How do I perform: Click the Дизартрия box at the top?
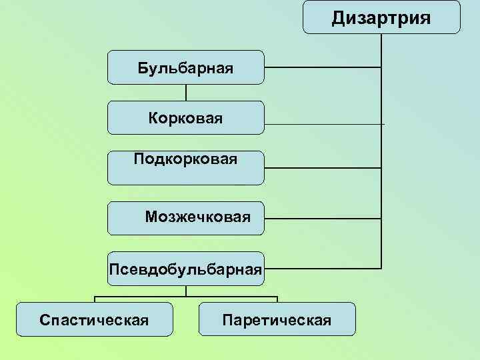[x=381, y=17]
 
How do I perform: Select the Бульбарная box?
[x=185, y=67]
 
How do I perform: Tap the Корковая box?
[x=185, y=118]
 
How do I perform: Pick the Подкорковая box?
[x=185, y=167]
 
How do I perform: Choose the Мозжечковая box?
[x=185, y=218]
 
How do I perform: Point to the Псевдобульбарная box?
[x=185, y=269]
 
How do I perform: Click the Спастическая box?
[x=94, y=319]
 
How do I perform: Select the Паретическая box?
[x=277, y=319]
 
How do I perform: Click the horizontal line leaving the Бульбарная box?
[x=323, y=67]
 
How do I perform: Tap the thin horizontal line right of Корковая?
[x=324, y=124]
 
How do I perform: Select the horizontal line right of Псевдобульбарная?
[x=323, y=269]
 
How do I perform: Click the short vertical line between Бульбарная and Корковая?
[x=186, y=93]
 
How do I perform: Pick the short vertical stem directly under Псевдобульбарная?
[x=186, y=291]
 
